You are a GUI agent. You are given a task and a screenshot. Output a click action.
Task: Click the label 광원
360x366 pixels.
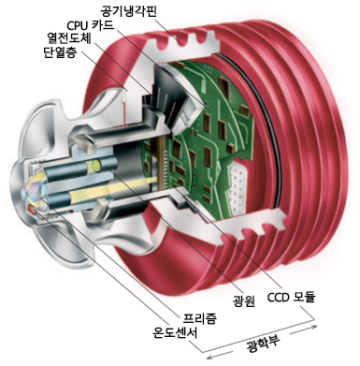(243, 297)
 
